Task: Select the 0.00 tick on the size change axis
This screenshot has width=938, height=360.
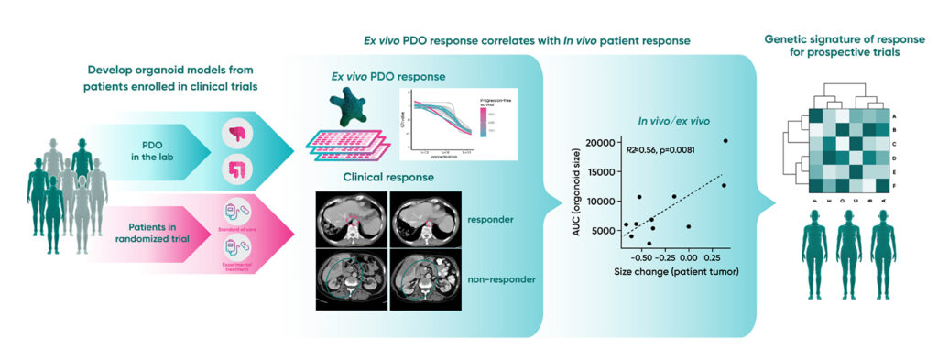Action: pyautogui.click(x=688, y=257)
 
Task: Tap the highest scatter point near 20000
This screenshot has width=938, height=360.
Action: pyautogui.click(x=725, y=141)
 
